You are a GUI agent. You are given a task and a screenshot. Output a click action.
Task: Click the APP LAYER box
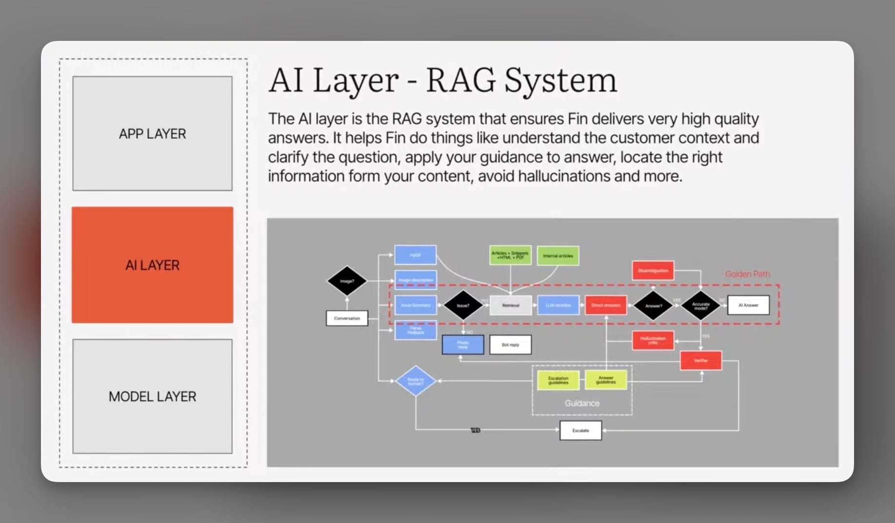coord(152,133)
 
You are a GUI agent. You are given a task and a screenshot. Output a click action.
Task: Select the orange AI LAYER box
coord(152,265)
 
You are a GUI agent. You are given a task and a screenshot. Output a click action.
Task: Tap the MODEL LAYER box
coord(152,396)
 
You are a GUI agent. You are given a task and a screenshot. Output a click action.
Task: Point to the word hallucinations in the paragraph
coord(564,176)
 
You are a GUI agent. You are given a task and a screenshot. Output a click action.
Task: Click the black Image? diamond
coord(347,281)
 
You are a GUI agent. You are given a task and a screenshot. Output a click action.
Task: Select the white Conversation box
coord(347,318)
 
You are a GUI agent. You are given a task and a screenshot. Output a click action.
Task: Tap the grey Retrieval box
coord(510,305)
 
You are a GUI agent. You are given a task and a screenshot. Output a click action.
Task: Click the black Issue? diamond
coord(463,305)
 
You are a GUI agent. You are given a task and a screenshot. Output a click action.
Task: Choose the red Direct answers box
coord(605,305)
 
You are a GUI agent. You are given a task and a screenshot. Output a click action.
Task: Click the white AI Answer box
coord(748,305)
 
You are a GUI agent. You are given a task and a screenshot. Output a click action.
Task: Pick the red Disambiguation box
coord(653,271)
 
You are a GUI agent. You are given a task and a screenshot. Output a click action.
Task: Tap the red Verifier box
coord(700,361)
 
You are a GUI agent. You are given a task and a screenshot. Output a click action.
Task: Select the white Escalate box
coord(580,430)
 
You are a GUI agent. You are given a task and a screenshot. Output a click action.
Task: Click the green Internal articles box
coord(558,256)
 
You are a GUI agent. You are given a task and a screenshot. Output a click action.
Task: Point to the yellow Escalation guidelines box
coord(558,380)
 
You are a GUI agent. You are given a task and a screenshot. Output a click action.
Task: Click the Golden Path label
coord(747,274)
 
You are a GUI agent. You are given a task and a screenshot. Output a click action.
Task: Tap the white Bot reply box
coord(510,345)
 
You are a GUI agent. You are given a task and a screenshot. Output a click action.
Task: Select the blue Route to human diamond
coord(415,381)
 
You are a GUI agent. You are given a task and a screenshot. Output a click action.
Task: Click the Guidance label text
coord(582,403)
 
